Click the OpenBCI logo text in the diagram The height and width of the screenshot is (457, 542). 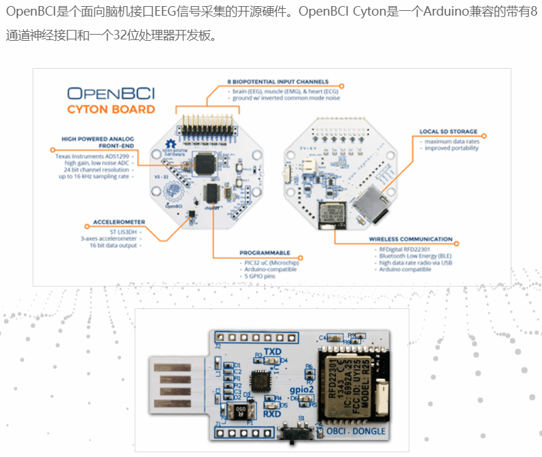tap(111, 92)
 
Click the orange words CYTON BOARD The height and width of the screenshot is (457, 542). tap(111, 109)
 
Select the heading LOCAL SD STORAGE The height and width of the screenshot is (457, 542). tap(449, 132)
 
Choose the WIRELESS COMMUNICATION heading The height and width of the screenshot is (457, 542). tap(411, 239)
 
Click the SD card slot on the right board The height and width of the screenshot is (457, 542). tap(368, 204)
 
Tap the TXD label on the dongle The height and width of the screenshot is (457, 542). tap(272, 350)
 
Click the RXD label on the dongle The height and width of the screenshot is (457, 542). tap(272, 414)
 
